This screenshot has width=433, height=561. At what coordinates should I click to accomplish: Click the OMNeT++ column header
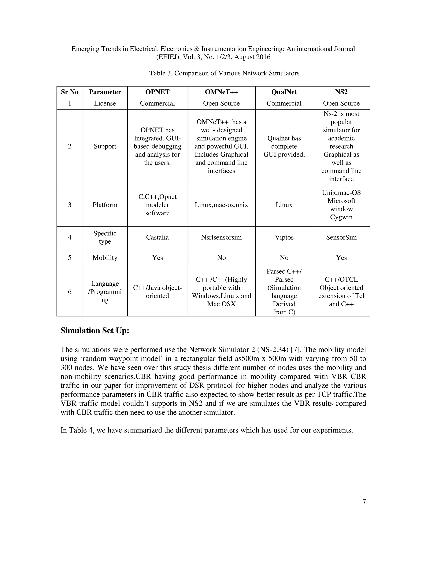(x=221, y=92)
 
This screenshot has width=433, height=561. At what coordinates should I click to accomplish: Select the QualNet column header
(x=284, y=92)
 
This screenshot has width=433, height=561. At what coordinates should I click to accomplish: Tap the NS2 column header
(x=341, y=92)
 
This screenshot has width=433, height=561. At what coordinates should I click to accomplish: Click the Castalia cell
(x=157, y=237)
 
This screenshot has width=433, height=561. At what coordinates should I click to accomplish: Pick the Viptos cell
(x=284, y=237)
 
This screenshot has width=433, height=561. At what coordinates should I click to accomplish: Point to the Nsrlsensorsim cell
(x=221, y=237)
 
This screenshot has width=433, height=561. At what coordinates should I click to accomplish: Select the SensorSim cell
(x=341, y=237)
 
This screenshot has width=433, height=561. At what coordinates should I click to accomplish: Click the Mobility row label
(x=105, y=258)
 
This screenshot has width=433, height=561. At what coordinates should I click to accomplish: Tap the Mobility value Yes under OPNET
(x=157, y=258)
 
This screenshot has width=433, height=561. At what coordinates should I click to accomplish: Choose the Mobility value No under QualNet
(x=284, y=258)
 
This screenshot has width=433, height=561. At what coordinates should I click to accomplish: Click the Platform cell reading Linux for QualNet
(x=284, y=205)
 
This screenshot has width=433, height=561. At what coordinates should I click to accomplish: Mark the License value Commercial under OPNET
(x=157, y=103)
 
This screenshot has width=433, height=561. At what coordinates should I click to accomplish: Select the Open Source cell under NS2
(x=341, y=103)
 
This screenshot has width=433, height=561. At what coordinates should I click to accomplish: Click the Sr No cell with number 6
(x=70, y=292)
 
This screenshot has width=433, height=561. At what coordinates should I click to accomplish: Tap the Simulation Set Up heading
(x=95, y=331)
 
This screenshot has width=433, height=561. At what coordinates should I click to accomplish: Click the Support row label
(x=105, y=146)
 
